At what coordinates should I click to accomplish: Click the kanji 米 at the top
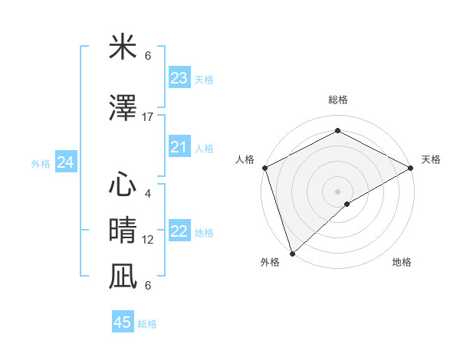(123, 47)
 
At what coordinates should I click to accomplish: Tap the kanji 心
(123, 184)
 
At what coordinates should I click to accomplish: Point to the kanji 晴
(123, 229)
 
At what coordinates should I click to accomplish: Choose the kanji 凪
(123, 275)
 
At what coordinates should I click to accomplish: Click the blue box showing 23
(179, 78)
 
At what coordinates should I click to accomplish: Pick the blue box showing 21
(179, 147)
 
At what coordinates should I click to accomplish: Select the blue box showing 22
(179, 232)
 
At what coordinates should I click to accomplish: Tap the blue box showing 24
(66, 162)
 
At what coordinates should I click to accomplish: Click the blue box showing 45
(123, 322)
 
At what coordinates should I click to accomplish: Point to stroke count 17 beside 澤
(148, 116)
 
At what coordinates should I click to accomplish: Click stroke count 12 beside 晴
(148, 239)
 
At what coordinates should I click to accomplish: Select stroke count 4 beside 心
(148, 193)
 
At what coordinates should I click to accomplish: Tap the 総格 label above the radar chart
(337, 100)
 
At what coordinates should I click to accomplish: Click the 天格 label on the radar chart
(431, 159)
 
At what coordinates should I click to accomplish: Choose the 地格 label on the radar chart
(402, 262)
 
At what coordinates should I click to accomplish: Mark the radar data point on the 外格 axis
(291, 253)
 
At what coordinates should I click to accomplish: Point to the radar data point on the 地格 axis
(347, 204)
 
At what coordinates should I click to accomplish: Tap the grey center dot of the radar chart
(337, 191)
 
